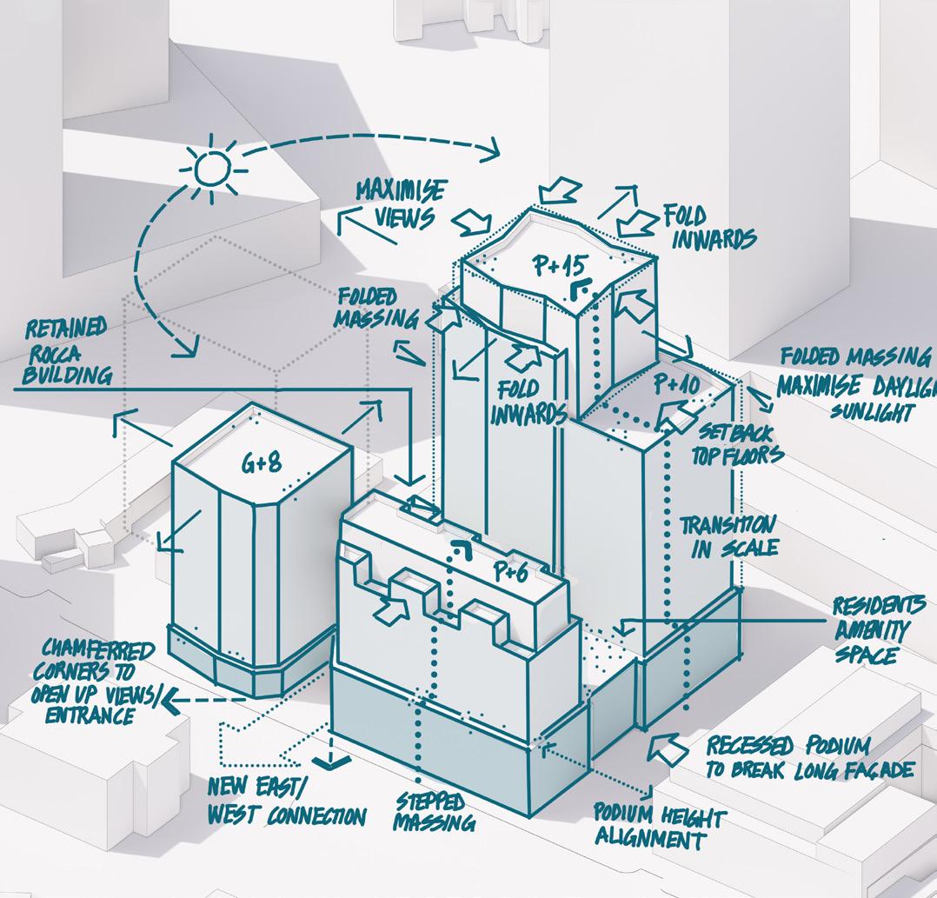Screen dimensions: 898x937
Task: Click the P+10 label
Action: (x=677, y=383)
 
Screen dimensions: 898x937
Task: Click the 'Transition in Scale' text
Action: (x=728, y=536)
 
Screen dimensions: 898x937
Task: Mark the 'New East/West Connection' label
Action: (x=287, y=802)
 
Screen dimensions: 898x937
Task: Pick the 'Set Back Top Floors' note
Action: (x=737, y=443)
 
